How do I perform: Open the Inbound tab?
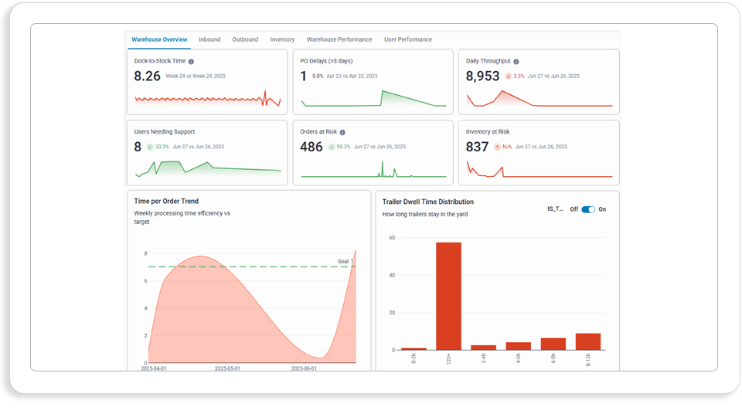tap(209, 39)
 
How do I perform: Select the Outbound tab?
tap(245, 39)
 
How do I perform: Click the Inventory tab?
tap(282, 39)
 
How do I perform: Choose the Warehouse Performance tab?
tap(339, 39)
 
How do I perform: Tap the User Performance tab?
tap(408, 39)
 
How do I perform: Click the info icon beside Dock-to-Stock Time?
tap(191, 62)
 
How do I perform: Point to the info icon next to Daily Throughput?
tap(516, 62)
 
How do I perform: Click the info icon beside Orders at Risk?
tap(342, 132)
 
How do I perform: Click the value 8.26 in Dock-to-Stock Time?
tap(147, 76)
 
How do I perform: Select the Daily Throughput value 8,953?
tap(482, 76)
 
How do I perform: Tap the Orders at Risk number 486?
tap(311, 147)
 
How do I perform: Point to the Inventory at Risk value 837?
tap(477, 147)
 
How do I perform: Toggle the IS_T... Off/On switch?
tap(588, 209)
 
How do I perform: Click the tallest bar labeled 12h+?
tap(448, 296)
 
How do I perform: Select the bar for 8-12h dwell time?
tap(588, 342)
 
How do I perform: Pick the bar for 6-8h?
tap(553, 344)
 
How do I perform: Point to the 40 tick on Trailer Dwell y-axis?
tap(393, 275)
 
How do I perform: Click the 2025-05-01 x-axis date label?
tap(227, 368)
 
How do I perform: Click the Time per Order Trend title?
tap(166, 202)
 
